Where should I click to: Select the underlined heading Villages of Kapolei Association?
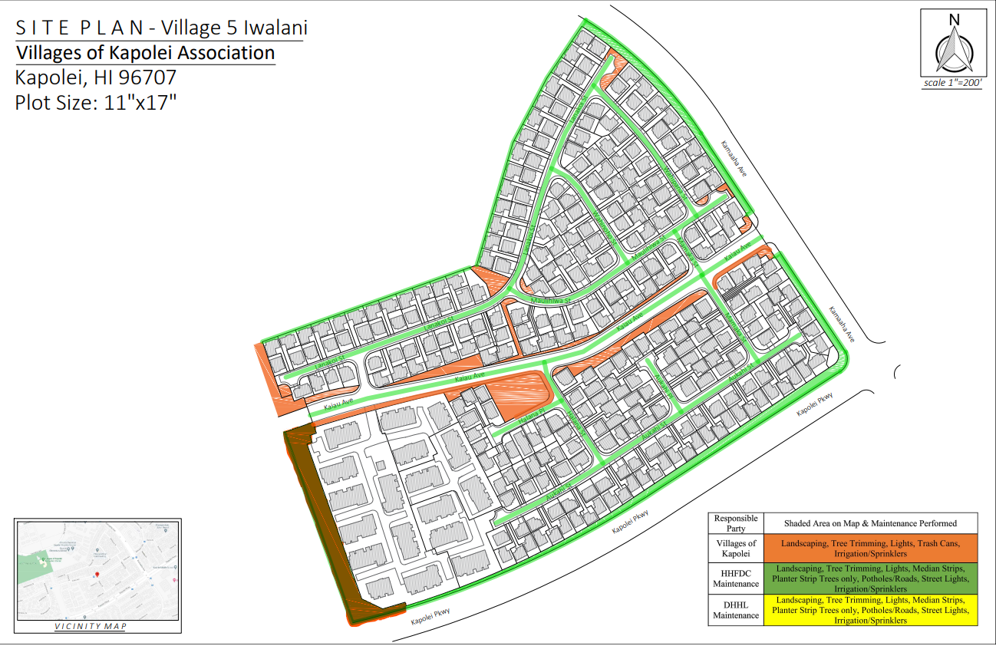pos(145,53)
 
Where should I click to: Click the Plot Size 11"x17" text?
pos(96,102)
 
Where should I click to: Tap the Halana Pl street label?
pos(530,415)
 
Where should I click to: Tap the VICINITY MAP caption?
pos(91,626)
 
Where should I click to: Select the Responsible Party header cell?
pos(735,523)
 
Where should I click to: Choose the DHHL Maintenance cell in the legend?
pos(735,610)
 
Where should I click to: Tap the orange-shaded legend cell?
pos(870,549)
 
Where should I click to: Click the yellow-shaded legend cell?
pos(870,610)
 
